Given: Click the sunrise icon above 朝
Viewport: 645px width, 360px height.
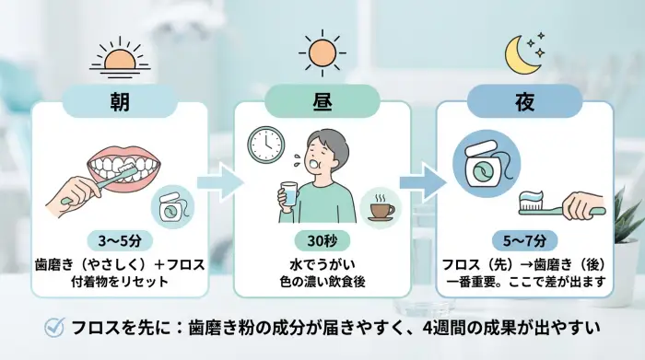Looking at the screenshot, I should pos(121,57).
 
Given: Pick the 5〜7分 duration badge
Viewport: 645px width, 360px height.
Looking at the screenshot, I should pos(523,242).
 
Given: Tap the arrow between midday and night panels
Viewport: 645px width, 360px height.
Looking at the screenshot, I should pos(422,180).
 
